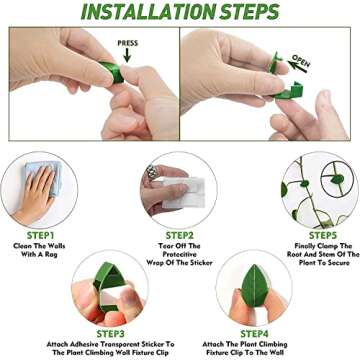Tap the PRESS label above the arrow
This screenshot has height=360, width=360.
pos(128,44)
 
